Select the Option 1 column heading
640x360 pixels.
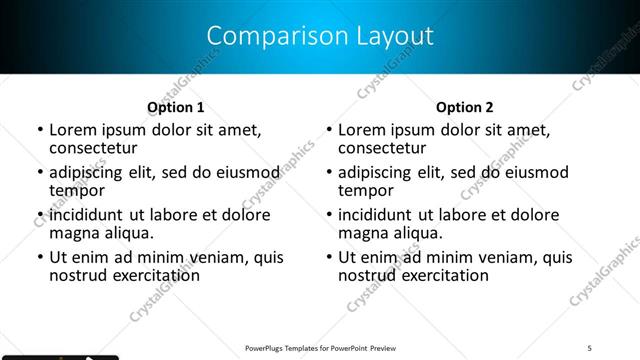pos(176,107)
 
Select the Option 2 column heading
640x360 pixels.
pos(465,107)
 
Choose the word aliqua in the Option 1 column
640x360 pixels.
pos(127,233)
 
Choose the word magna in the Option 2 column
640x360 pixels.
pos(363,233)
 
